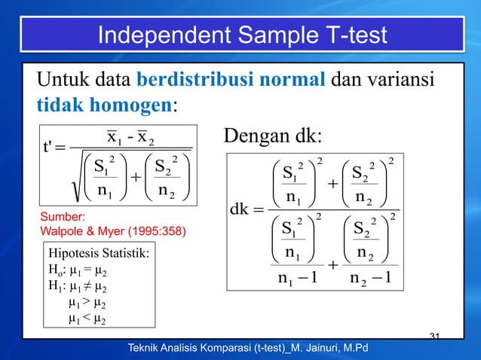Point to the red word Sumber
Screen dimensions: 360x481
[62, 216]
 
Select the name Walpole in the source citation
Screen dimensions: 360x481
[62, 229]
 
